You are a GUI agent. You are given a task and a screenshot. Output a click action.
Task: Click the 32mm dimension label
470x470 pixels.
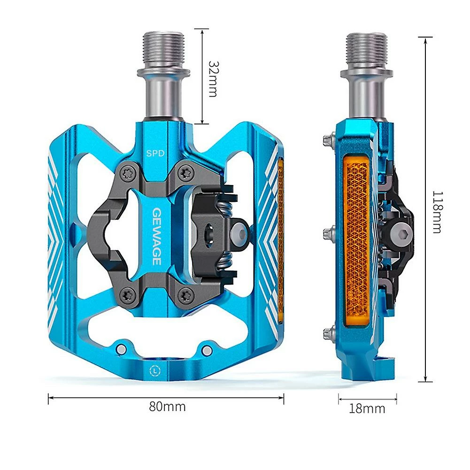213,78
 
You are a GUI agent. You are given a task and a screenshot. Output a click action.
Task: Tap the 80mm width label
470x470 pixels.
167,406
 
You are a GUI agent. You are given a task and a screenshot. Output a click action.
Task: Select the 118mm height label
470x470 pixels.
436,212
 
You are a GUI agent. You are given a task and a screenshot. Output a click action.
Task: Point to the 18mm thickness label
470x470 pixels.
367,408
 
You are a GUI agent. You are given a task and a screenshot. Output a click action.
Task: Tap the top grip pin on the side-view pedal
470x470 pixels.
328,139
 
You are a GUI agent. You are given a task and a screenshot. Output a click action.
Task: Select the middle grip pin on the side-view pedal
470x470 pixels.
328,232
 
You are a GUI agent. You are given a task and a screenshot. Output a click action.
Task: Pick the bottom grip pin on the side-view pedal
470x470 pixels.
328,334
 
